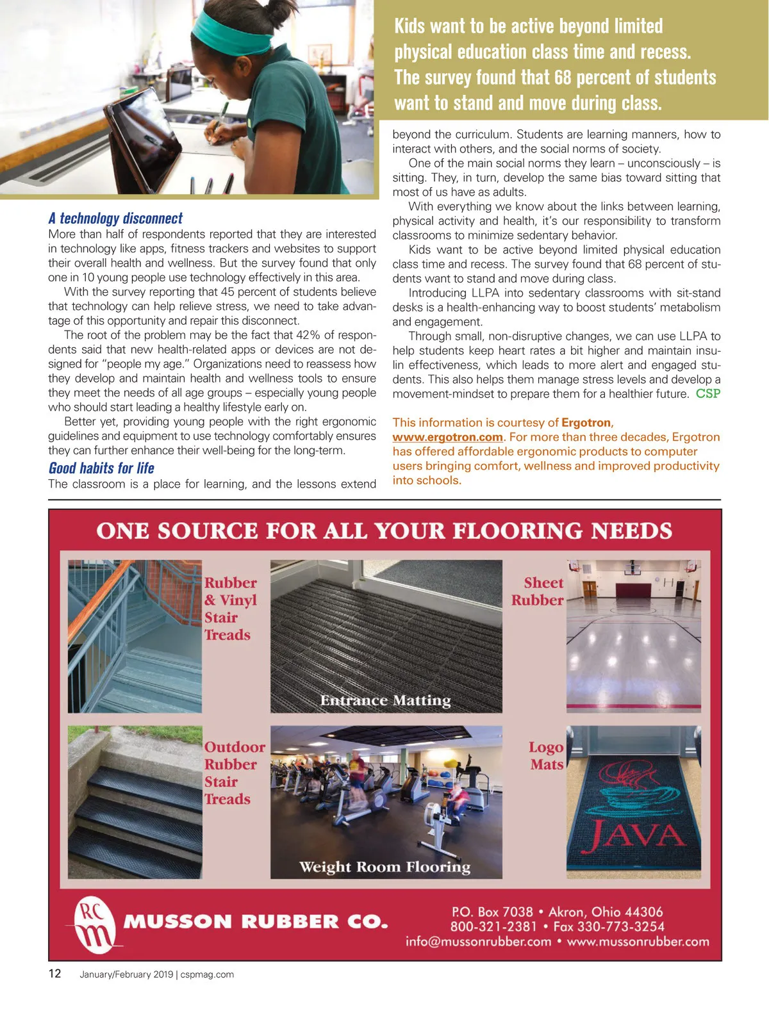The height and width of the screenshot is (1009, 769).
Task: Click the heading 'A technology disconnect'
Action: coord(115,218)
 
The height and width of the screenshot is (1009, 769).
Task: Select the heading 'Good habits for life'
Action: coord(101,468)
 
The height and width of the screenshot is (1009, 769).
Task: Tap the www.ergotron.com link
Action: coord(447,437)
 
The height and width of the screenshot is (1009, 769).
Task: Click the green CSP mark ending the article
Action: coord(707,393)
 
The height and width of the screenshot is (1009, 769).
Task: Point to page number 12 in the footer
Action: coord(55,974)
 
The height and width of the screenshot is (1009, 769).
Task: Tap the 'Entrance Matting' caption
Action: coord(385,700)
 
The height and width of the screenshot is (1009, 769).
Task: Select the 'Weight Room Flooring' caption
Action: coord(384,867)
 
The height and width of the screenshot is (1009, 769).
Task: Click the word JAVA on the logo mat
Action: coord(636,835)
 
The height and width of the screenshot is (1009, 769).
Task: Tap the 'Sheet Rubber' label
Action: coord(538,591)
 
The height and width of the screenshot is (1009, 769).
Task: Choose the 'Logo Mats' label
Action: coord(546,755)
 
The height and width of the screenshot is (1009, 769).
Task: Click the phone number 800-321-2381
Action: coord(493,926)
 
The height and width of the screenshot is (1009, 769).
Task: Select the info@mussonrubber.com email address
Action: coord(478,942)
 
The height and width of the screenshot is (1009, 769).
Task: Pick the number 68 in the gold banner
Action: coord(563,78)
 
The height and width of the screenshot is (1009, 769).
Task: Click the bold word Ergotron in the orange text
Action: coord(586,423)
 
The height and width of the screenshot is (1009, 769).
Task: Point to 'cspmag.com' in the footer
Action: coord(207,974)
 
